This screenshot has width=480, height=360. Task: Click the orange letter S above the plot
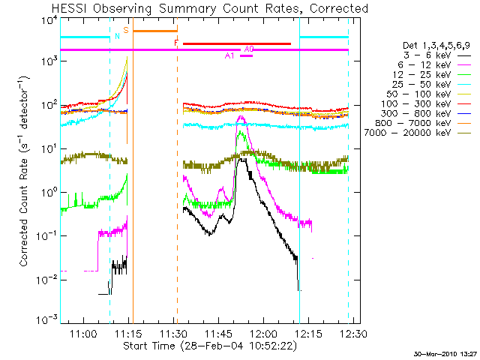click(126, 31)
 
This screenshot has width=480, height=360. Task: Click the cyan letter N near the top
click(117, 37)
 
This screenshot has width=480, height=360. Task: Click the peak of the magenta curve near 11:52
click(241, 116)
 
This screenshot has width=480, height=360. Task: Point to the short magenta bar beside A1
click(247, 55)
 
